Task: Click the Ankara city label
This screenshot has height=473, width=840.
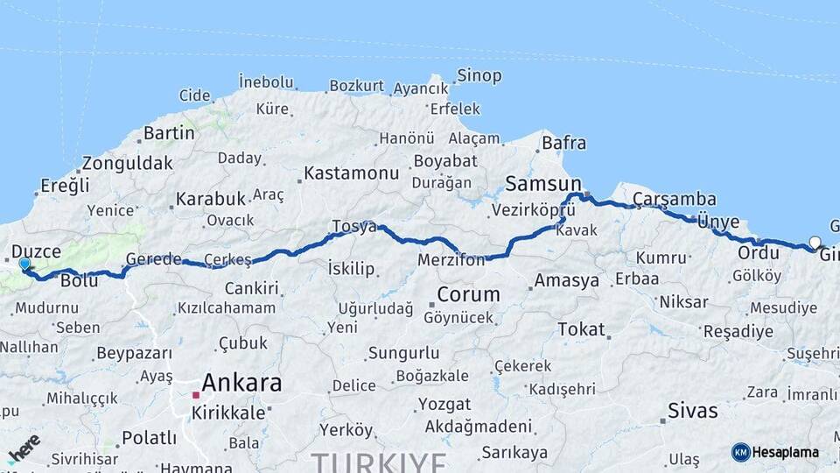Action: (x=241, y=383)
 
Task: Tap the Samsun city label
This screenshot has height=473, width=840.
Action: (x=543, y=184)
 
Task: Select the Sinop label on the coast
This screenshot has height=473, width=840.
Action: (x=479, y=75)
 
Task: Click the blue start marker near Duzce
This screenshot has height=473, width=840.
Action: (x=24, y=264)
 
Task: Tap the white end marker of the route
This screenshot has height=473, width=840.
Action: (x=815, y=243)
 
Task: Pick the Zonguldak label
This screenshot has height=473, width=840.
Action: (x=127, y=164)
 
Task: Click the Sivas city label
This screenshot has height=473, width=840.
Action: (x=692, y=410)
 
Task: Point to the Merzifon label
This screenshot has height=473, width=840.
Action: (x=451, y=260)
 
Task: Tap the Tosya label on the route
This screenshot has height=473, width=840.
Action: (x=353, y=227)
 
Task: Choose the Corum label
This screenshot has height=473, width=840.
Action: (x=468, y=294)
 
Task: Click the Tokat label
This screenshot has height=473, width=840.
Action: (x=581, y=329)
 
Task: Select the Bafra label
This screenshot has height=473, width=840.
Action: (x=564, y=142)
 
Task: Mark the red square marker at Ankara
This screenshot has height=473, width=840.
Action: (x=196, y=395)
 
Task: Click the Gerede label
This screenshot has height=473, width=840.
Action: (x=153, y=259)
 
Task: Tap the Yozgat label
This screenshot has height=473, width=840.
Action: (x=444, y=405)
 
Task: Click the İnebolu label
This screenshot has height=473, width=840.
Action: (x=266, y=82)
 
